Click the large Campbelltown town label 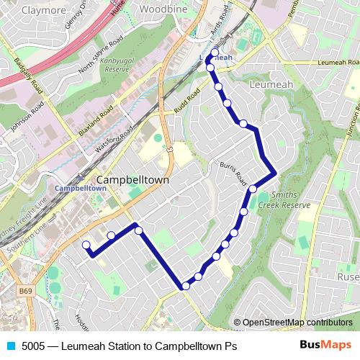coord(132,179)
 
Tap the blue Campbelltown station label coord(81,188)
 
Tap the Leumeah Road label coord(336,63)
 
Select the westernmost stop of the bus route coord(86,245)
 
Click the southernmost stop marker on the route coord(186,286)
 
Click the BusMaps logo coord(326,345)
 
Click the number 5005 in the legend coord(34,346)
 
